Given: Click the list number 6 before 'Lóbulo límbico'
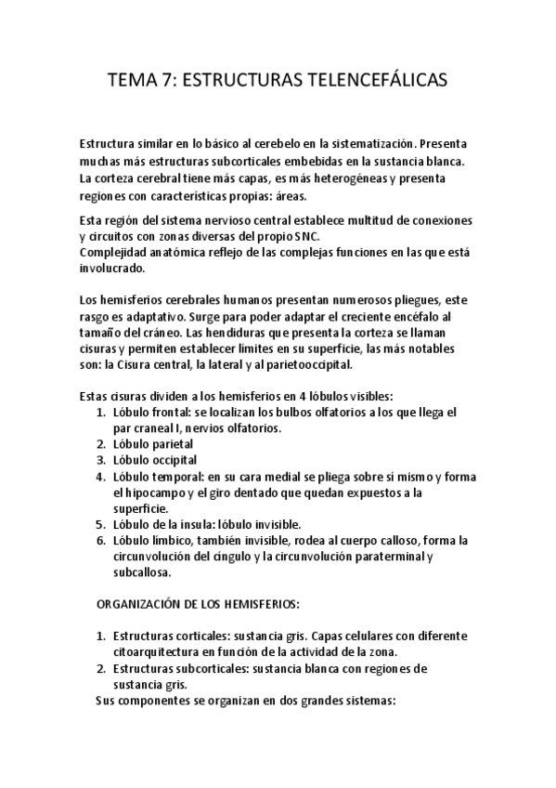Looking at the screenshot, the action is coord(100,540).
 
